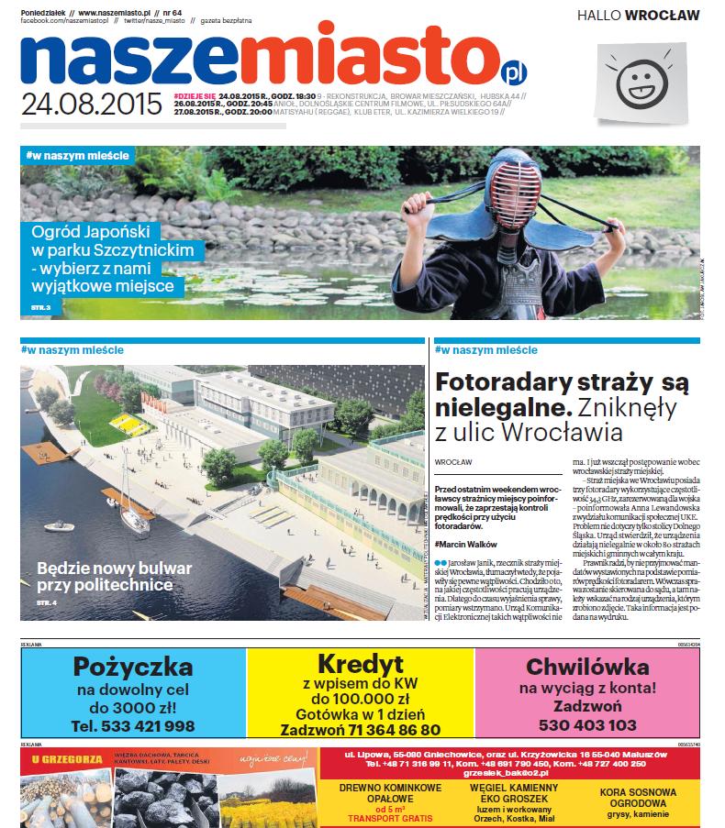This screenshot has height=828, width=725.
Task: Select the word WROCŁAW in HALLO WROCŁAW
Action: [662, 15]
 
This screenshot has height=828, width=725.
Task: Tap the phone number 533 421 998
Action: [133, 726]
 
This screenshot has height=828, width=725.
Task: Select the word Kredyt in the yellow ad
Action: [360, 664]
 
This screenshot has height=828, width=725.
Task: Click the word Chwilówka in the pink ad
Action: [587, 668]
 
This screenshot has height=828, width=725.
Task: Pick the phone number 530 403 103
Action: [587, 724]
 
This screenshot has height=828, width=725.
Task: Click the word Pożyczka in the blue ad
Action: [133, 667]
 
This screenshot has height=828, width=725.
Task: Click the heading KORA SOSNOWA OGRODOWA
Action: [639, 798]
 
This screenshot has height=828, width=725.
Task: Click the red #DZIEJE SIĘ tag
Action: [194, 95]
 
